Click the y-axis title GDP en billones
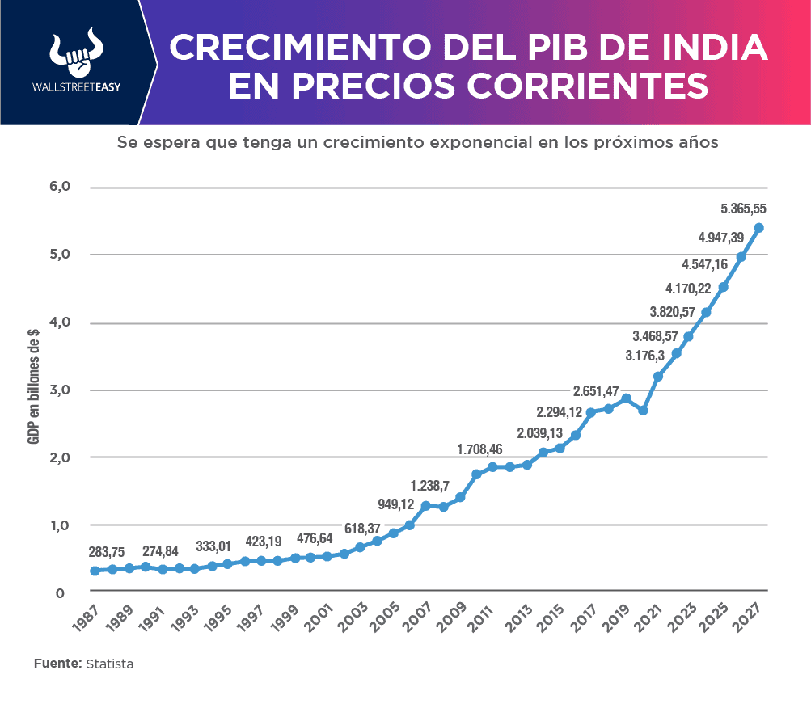pos(34,386)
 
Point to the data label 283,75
pos(107,552)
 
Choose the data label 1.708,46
pos(479,449)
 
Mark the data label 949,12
pos(396,505)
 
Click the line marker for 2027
pos(758,228)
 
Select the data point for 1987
pos(95,571)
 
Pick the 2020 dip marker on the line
pos(643,411)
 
